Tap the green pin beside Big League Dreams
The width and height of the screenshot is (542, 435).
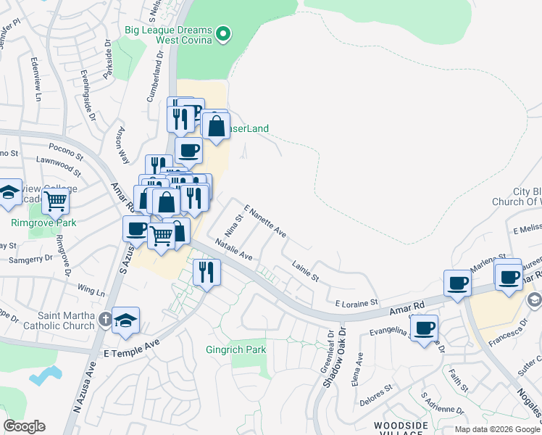click(224, 33)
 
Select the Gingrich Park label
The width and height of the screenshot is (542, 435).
click(235, 349)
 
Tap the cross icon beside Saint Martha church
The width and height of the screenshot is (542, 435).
click(105, 319)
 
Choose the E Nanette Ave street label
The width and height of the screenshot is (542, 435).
click(265, 221)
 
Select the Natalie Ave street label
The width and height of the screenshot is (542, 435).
click(233, 252)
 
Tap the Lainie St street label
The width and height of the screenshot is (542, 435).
click(305, 273)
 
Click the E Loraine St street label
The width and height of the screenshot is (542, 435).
click(357, 301)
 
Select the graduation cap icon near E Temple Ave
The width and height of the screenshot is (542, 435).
click(125, 320)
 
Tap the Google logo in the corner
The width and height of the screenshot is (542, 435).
click(24, 426)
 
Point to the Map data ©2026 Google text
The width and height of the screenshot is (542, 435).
click(497, 429)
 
